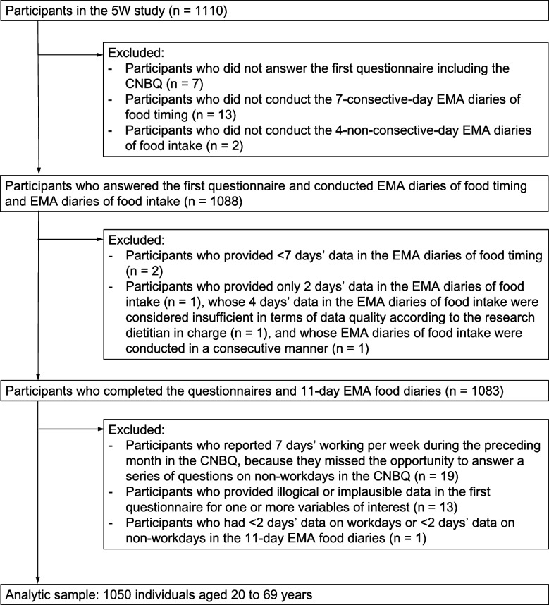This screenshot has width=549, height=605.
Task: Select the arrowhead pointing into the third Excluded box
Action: [x=101, y=427]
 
